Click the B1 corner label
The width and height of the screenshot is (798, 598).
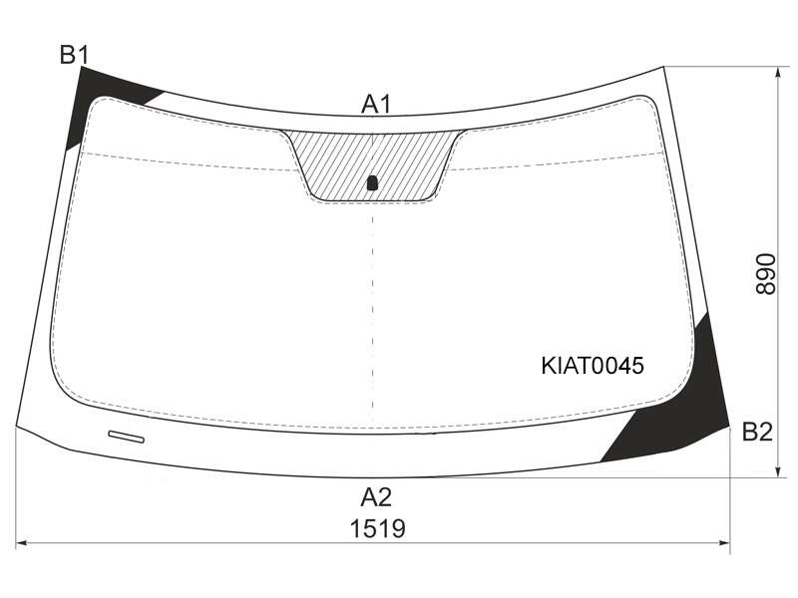75,55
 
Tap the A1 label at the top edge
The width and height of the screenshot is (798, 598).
376,105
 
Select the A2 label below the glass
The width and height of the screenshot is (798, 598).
376,497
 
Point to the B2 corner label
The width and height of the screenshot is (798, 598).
757,432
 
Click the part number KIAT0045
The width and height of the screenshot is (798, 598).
593,366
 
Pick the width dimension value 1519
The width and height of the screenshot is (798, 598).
378,528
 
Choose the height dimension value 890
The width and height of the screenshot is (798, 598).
765,274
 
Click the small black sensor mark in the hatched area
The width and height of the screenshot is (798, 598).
372,183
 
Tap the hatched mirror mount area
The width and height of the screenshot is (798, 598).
372,162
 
